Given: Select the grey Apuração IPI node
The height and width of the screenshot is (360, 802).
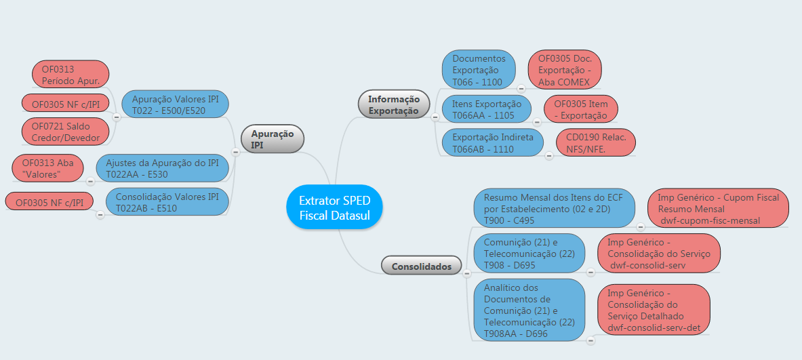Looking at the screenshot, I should click(272, 139).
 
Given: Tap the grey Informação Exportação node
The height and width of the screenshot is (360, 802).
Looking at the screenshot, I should click(393, 104).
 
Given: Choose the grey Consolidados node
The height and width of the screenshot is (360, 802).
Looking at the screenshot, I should click(421, 266).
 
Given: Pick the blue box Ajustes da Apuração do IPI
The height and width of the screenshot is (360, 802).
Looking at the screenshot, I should click(162, 168).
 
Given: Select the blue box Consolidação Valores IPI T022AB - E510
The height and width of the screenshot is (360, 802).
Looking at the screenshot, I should click(167, 202).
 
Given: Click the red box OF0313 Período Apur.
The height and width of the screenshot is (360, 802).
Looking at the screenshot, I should click(71, 75).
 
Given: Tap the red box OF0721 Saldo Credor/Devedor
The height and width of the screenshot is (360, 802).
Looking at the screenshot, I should click(65, 132).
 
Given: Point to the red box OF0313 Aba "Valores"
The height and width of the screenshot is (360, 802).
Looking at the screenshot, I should click(47, 168).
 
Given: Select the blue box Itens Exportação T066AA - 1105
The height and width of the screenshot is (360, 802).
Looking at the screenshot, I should click(487, 109).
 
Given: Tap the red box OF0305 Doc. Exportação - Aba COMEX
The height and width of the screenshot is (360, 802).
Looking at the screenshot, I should click(565, 70).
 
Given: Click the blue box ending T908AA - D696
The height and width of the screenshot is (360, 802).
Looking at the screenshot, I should click(529, 310).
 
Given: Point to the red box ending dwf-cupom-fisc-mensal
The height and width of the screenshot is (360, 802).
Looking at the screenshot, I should click(718, 208).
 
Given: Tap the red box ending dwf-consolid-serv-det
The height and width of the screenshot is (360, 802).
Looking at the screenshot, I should click(653, 310).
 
